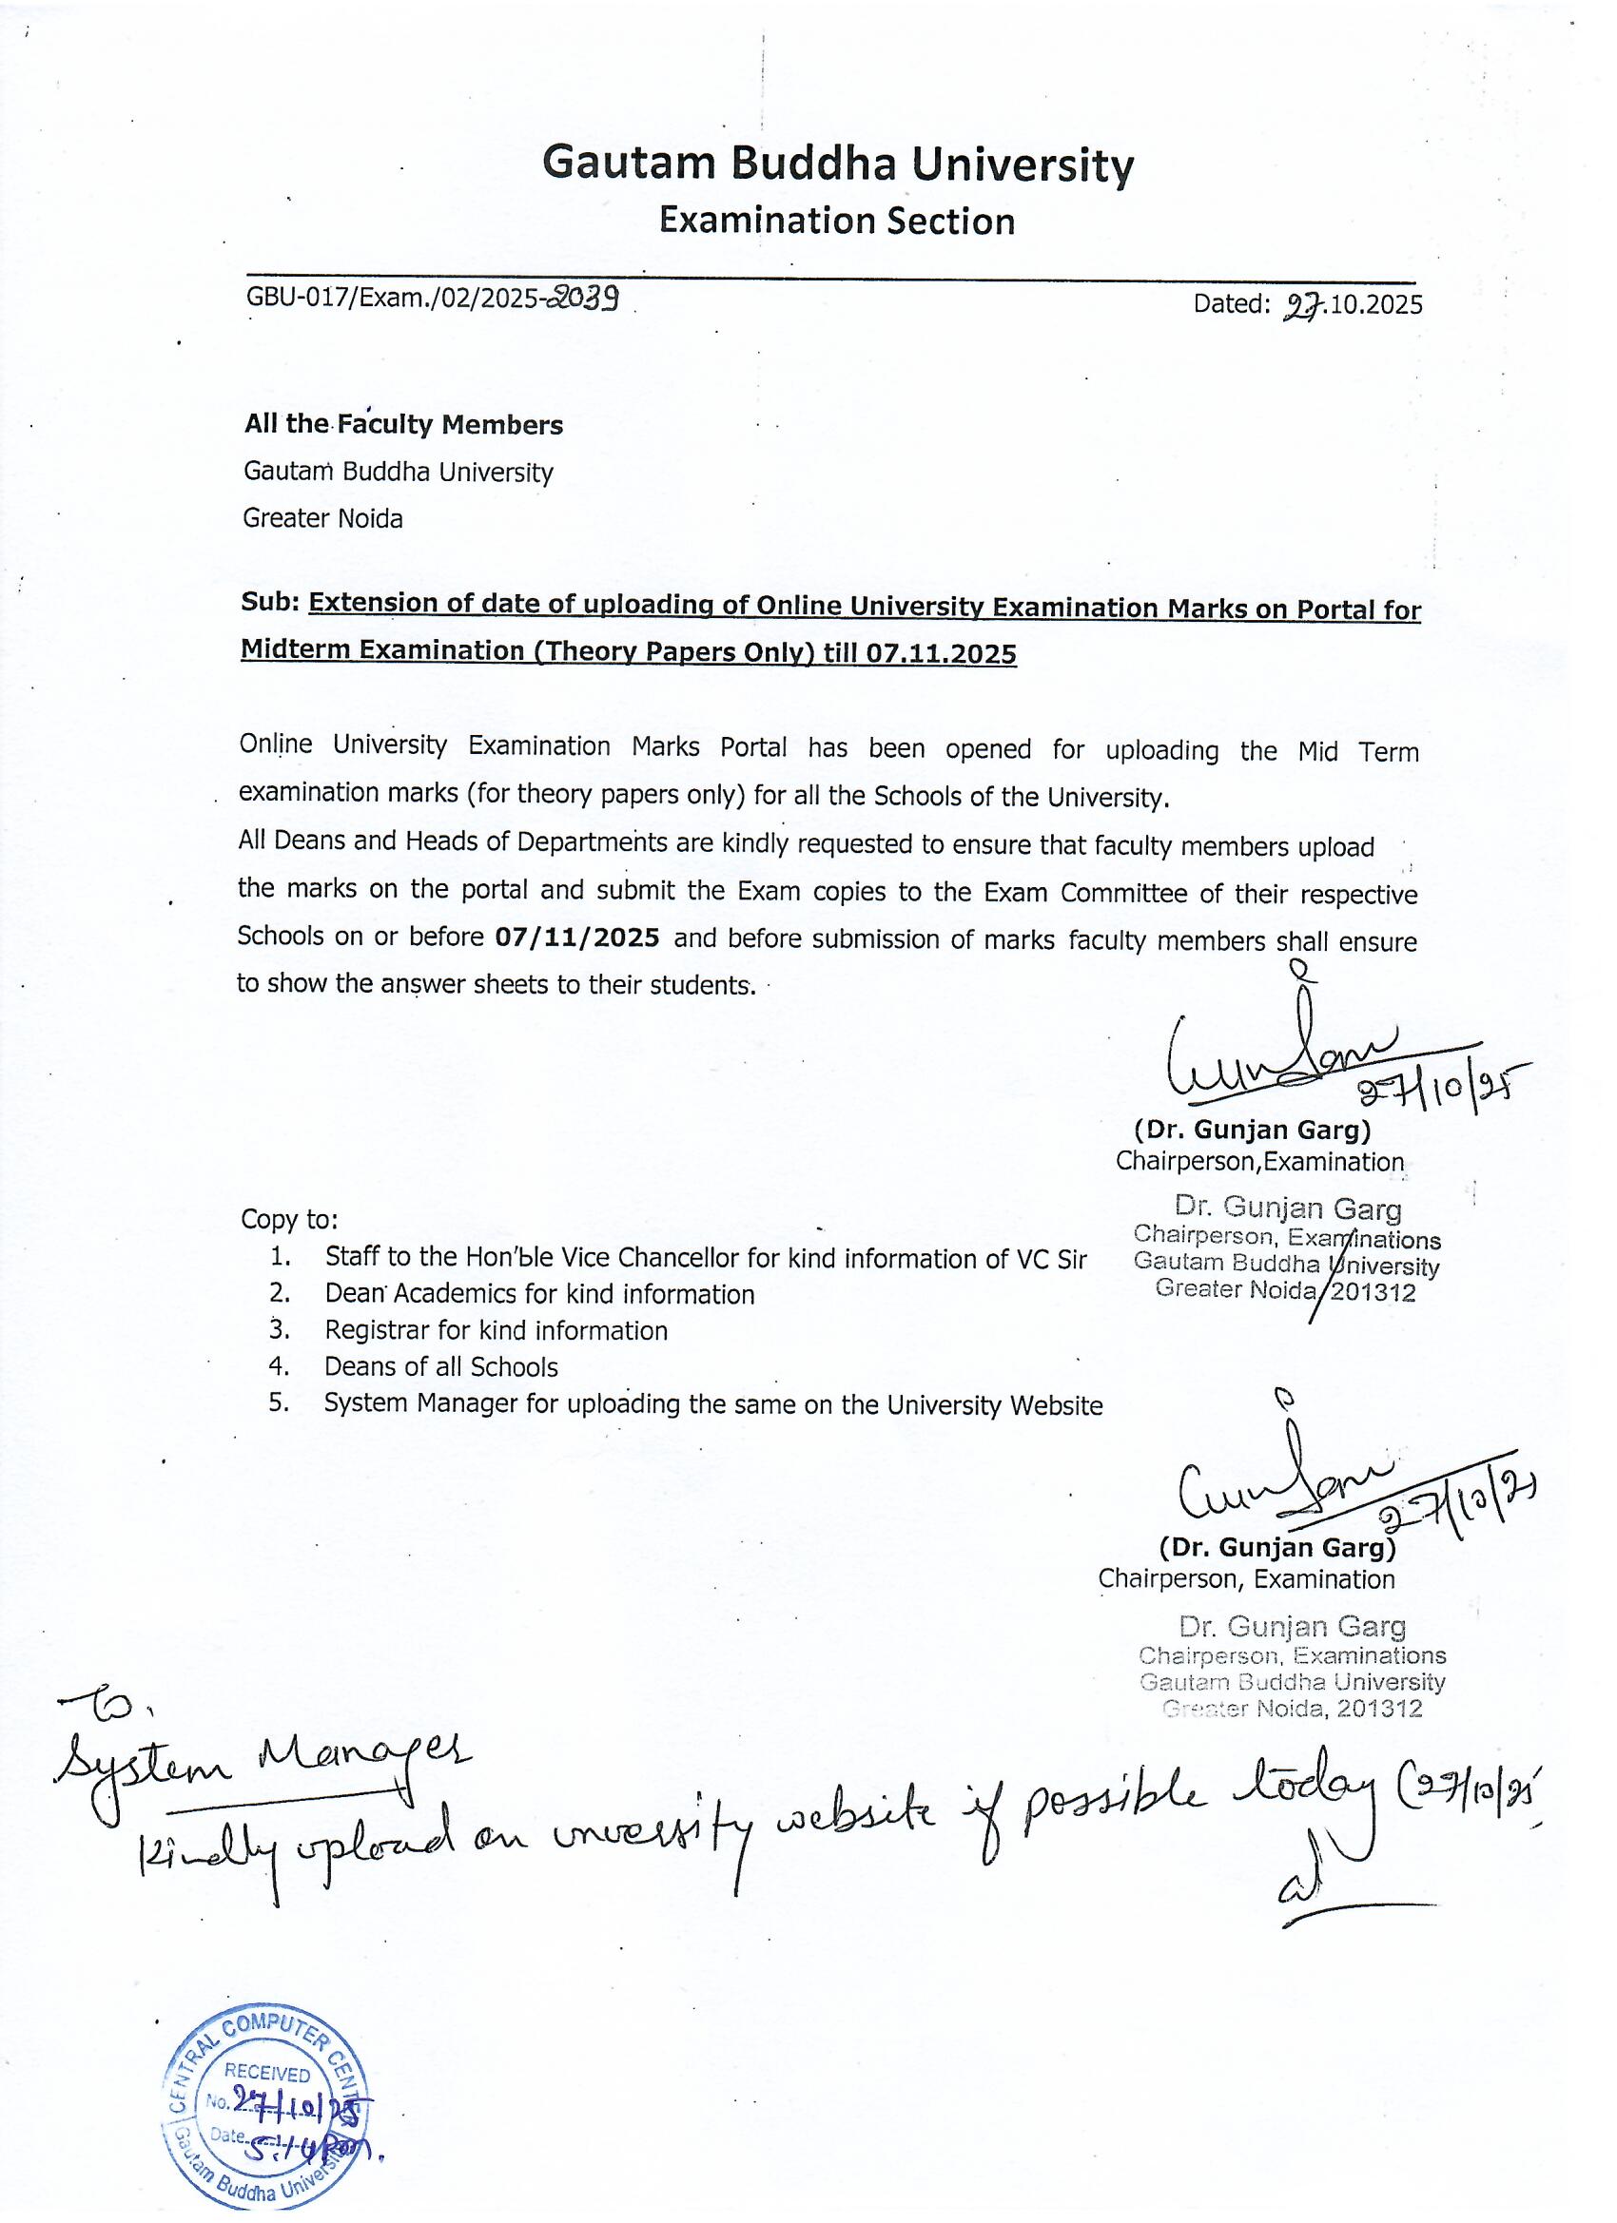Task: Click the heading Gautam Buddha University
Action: (x=837, y=163)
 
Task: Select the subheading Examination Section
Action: (x=836, y=222)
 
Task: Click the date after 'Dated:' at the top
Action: (x=1352, y=305)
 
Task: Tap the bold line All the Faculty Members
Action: (x=403, y=424)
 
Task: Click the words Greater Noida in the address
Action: (x=322, y=518)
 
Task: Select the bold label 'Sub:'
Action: (x=270, y=604)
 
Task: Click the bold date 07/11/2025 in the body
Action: (x=576, y=938)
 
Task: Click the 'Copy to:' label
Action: (x=289, y=1219)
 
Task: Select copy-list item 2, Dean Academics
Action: (x=539, y=1295)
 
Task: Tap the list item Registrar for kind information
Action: (x=497, y=1331)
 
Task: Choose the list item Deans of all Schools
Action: (x=441, y=1367)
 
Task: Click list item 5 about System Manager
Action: (x=712, y=1405)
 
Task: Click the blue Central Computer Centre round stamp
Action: (x=264, y=2103)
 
